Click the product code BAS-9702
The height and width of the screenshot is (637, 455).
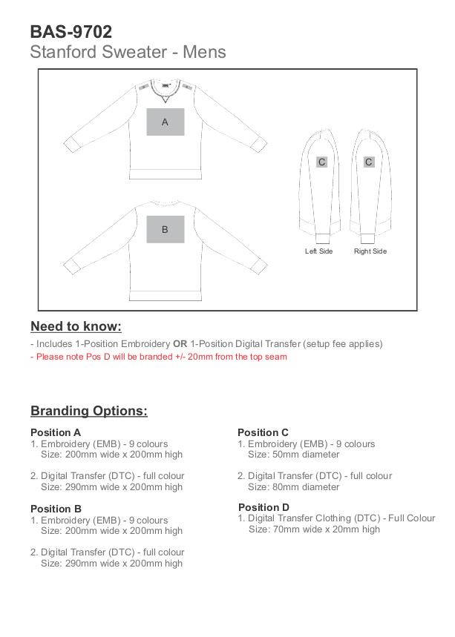(x=71, y=32)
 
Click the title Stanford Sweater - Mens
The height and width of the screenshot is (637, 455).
(x=128, y=53)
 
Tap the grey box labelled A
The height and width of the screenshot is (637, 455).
(x=165, y=122)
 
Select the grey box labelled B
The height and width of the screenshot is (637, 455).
(x=165, y=229)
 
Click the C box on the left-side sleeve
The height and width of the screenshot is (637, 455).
(x=321, y=162)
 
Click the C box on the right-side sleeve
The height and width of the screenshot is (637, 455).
(x=368, y=162)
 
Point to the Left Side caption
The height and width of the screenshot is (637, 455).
(x=318, y=251)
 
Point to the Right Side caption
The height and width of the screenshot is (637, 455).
(x=370, y=251)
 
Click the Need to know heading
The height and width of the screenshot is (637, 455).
(x=76, y=326)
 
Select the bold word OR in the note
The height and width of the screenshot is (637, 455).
(x=180, y=344)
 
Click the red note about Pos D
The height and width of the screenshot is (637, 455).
(x=158, y=357)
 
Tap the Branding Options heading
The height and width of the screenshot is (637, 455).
(x=89, y=411)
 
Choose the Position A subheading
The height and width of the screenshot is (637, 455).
(x=56, y=432)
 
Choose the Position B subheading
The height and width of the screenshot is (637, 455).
(x=56, y=509)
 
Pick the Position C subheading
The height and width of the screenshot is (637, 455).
(x=263, y=432)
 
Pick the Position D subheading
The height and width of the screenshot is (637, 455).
(x=263, y=507)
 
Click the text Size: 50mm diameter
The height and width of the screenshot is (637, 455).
(x=293, y=455)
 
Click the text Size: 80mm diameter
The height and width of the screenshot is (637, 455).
(x=293, y=487)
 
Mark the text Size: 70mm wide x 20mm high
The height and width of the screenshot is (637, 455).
(x=314, y=529)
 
